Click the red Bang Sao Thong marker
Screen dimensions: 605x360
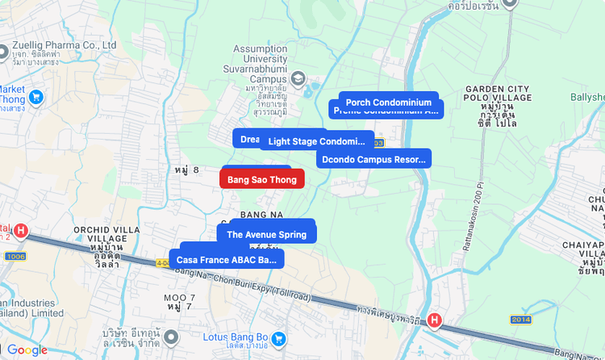coord(261,179)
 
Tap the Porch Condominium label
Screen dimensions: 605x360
coord(388,102)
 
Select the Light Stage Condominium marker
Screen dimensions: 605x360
coord(316,141)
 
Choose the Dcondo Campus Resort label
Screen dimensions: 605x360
coord(373,159)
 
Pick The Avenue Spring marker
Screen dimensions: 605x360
coord(266,234)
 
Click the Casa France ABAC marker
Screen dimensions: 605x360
coord(226,260)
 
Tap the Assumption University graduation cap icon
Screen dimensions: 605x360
coord(298,78)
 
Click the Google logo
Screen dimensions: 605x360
coord(27,350)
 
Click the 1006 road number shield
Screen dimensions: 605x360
coord(15,256)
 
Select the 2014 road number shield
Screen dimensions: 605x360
coord(520,320)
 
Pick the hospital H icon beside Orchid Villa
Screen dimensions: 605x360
coord(21,231)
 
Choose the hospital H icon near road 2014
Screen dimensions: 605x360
coord(435,320)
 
